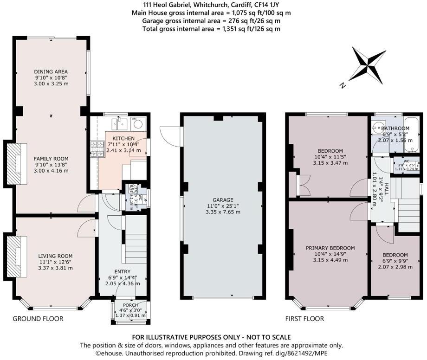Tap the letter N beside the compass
[x=342, y=85]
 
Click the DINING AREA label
[x=51, y=71]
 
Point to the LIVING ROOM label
[x=55, y=256]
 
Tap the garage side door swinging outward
[x=170, y=133]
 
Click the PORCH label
[x=130, y=305]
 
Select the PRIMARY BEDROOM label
[x=330, y=248]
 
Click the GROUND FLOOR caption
[x=38, y=319]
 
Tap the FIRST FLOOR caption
[x=304, y=319]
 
